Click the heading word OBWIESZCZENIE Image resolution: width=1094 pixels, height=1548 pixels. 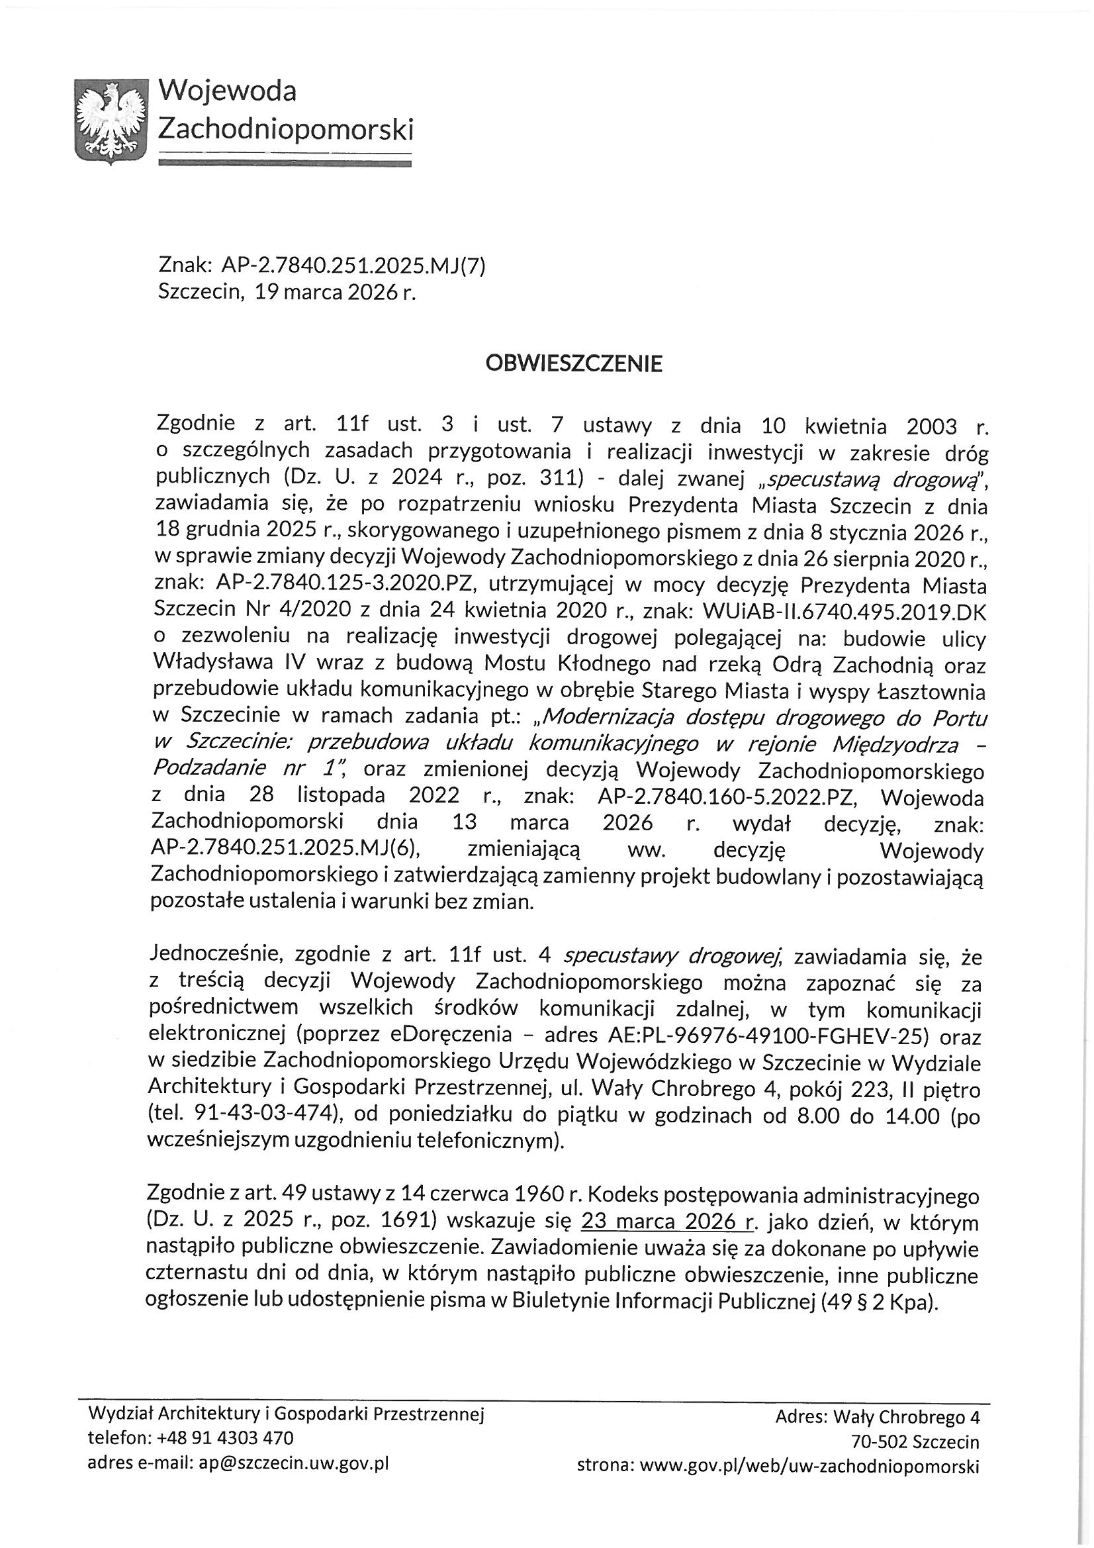click(574, 364)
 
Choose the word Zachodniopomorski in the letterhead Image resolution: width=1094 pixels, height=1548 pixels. click(285, 128)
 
